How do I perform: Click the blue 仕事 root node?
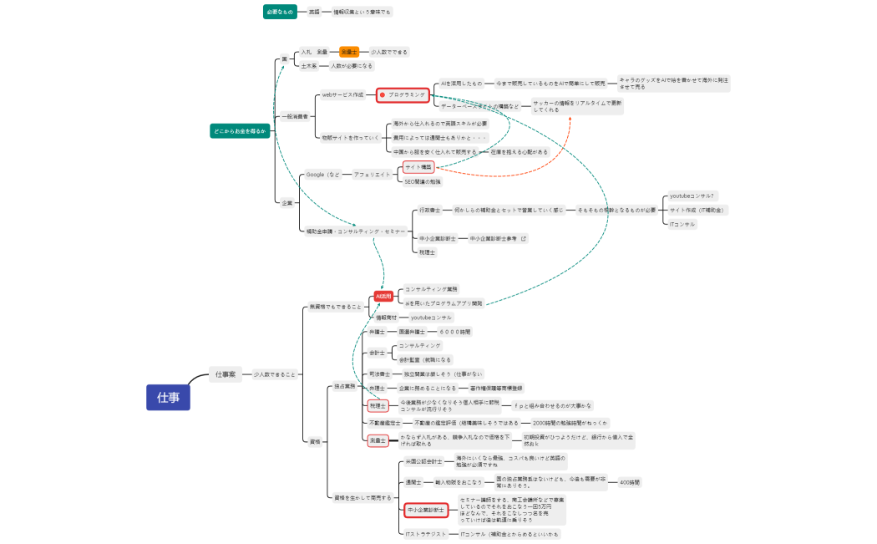[x=168, y=397]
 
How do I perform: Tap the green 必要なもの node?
[x=280, y=12]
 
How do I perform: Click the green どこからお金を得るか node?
[x=240, y=131]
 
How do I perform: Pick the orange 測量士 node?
[x=348, y=52]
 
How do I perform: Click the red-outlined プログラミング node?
[x=403, y=94]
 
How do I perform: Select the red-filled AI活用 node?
[x=383, y=296]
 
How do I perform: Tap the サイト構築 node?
[x=418, y=167]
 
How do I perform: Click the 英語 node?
[x=313, y=12]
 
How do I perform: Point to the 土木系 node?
[x=309, y=65]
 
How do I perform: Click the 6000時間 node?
[x=455, y=332]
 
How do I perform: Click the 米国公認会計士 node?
[x=423, y=461]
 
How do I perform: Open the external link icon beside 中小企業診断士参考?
[x=524, y=238]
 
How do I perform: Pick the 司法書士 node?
[x=380, y=374]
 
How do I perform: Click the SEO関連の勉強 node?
[x=423, y=180]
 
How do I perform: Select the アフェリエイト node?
[x=372, y=174]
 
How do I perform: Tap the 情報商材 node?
[x=385, y=318]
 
